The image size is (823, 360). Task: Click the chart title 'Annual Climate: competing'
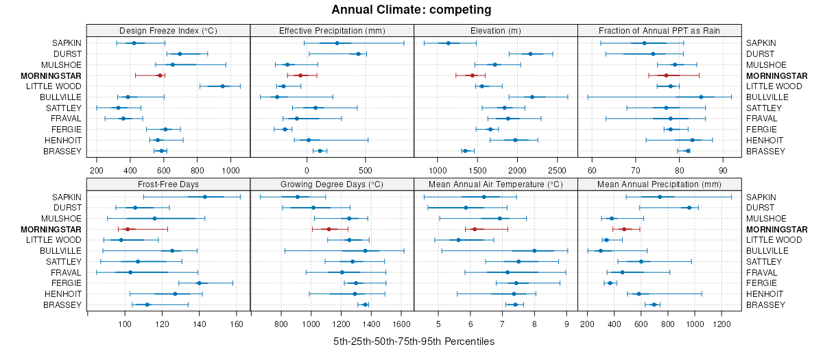(411, 10)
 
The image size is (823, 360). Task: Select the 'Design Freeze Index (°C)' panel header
(168, 31)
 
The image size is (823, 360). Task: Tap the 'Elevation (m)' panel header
(496, 31)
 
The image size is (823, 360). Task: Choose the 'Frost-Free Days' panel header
(168, 184)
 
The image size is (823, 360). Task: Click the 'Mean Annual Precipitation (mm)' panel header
(659, 184)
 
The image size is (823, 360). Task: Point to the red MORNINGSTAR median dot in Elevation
(472, 75)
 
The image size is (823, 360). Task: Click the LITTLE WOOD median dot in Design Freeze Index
(222, 86)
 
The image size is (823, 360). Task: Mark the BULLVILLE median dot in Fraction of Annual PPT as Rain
(701, 97)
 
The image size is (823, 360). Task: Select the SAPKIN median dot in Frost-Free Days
(205, 197)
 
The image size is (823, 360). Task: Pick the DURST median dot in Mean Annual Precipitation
(689, 208)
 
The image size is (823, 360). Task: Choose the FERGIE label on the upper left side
(67, 130)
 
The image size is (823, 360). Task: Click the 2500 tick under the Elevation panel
(558, 169)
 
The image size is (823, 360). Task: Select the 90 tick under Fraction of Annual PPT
(723, 169)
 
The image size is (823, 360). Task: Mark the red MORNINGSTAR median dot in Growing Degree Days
(329, 229)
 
